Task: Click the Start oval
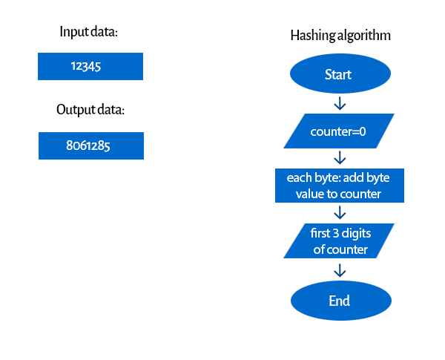[340, 73]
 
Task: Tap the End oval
[341, 301]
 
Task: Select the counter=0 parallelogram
[339, 131]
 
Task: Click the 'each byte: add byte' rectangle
[340, 186]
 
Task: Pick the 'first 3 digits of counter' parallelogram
[339, 241]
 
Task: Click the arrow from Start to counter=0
[340, 103]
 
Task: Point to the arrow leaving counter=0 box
[340, 157]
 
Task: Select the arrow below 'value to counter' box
[340, 212]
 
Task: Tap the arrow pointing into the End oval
[340, 270]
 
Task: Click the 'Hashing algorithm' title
[340, 36]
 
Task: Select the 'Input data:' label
[88, 31]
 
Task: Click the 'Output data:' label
[90, 110]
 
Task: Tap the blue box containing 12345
[90, 67]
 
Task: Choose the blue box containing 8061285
[91, 145]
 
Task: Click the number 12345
[86, 67]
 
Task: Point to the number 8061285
[88, 145]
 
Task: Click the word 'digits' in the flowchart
[356, 234]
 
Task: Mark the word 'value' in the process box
[309, 194]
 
